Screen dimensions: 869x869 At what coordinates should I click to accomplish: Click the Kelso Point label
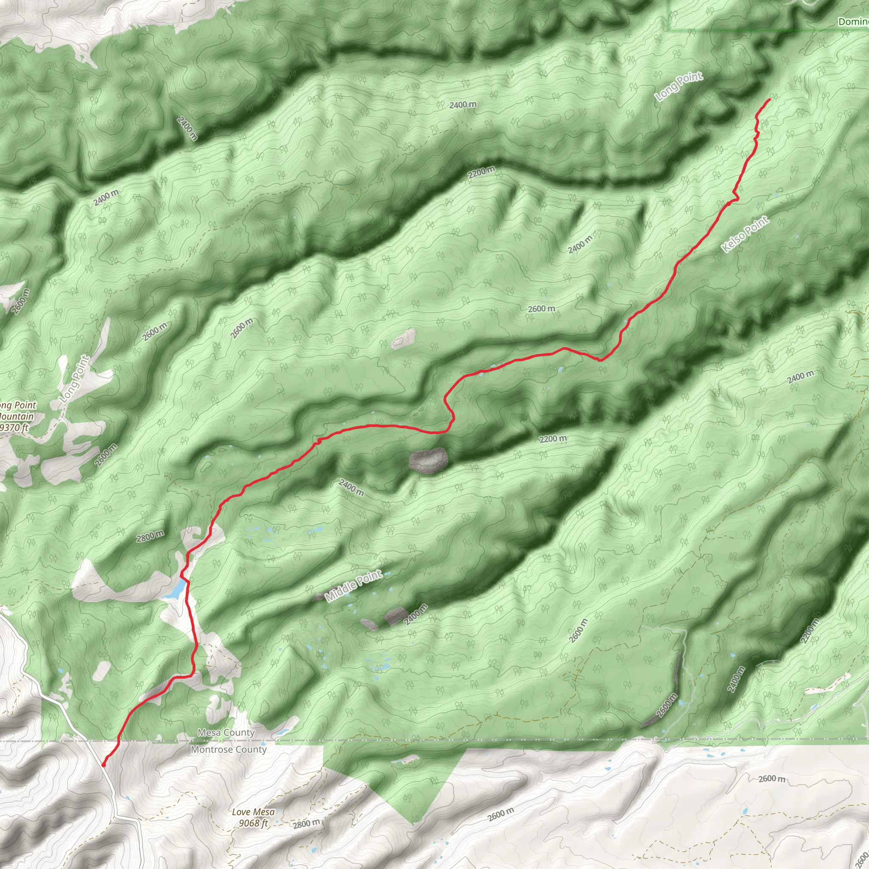(745, 234)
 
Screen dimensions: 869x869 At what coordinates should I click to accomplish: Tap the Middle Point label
(353, 586)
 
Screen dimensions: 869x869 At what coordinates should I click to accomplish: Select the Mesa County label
(226, 733)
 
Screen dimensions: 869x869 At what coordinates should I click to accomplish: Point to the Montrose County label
(229, 749)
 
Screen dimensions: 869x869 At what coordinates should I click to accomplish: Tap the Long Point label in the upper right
(679, 87)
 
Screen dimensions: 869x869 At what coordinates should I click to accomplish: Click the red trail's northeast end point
(770, 99)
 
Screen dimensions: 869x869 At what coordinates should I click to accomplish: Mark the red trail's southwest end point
(104, 765)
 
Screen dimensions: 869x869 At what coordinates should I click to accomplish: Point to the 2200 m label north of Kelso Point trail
(481, 172)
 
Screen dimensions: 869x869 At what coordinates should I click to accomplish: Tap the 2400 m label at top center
(463, 105)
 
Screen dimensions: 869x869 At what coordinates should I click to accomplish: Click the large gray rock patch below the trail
(428, 460)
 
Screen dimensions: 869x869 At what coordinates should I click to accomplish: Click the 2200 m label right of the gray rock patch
(553, 439)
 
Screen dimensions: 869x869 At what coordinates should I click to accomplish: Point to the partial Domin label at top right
(853, 22)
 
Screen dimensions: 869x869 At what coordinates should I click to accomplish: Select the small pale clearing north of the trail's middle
(404, 338)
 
